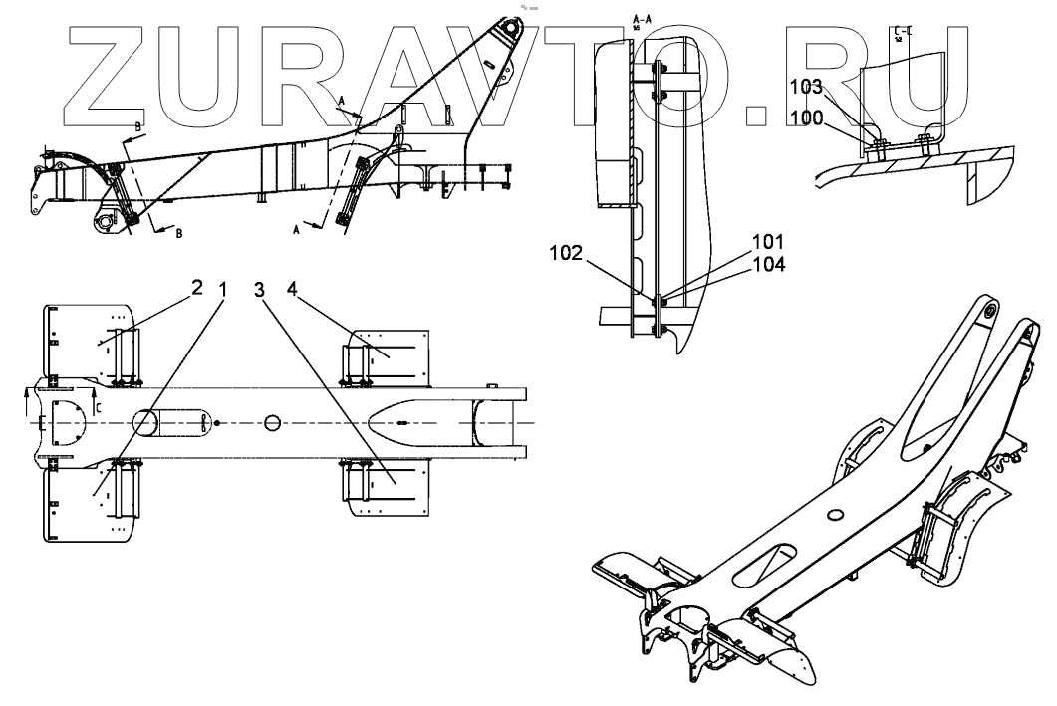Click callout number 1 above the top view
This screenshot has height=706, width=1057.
pos(224,289)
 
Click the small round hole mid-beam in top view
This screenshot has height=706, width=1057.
pos(273,423)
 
